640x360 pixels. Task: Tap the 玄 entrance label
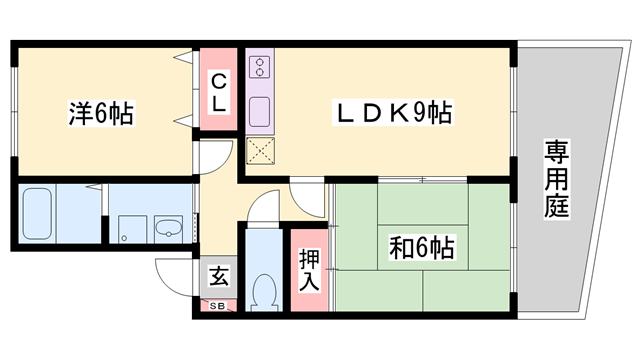click(x=217, y=274)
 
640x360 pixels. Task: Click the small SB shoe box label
click(x=217, y=305)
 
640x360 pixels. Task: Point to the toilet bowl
click(x=264, y=292)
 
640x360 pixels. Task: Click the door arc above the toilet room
click(x=262, y=208)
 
